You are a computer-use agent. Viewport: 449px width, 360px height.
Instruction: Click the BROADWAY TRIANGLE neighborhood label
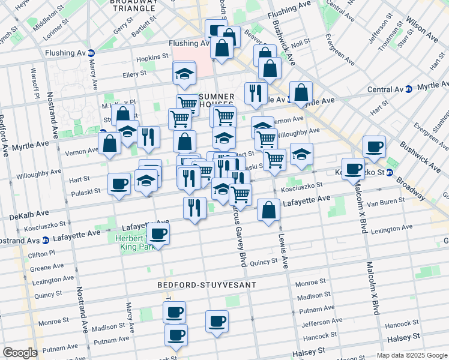coord(134,5)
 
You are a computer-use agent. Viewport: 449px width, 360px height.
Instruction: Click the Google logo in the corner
coord(20,353)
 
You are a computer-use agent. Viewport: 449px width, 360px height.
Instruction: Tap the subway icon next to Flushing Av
coord(91,53)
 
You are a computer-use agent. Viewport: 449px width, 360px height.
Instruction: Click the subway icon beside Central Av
coord(409,89)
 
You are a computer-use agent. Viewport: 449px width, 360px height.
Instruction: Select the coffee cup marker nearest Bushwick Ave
coord(374,147)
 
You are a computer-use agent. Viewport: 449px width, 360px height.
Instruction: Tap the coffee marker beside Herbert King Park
coord(158,233)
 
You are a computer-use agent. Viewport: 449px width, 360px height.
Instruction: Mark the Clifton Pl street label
coord(41,254)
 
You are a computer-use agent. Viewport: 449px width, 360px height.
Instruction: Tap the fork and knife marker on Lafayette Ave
coord(194,208)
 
